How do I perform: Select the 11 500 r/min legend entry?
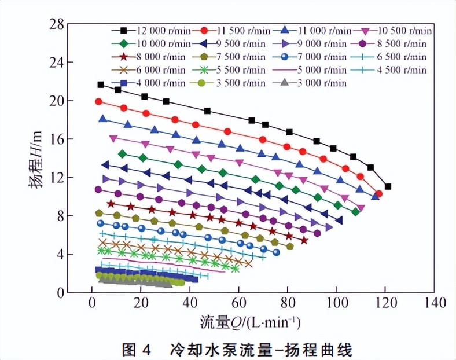234,30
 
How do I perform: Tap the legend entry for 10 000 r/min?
155,43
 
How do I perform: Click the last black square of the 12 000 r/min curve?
388,186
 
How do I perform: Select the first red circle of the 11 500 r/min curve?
98,101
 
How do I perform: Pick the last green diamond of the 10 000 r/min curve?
355,212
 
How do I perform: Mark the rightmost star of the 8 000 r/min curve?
304,240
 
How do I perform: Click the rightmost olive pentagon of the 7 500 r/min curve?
290,246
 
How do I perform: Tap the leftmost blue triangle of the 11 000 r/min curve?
103,119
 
